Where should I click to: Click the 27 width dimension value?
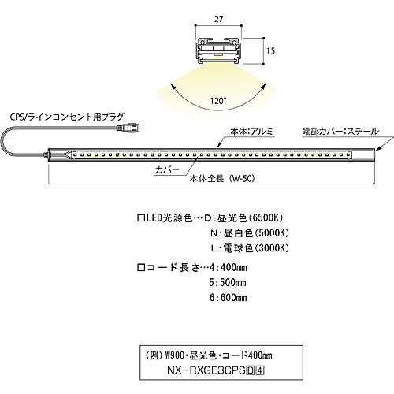coord(218,19)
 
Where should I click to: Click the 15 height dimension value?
coord(270,50)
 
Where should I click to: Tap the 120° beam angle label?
coord(218,101)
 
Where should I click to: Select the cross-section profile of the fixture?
coord(218,51)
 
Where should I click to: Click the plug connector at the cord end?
coord(128,128)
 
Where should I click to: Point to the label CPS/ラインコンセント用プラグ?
coord(67,117)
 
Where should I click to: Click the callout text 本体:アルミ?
coord(251,131)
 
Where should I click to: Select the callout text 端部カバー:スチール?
coord(340,131)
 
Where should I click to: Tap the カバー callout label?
coord(167,169)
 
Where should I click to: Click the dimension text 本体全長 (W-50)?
coord(222,179)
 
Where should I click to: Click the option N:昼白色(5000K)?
coord(250,233)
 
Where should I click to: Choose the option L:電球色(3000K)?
coord(250,248)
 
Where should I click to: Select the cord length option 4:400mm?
coord(229,267)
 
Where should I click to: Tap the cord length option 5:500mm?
coord(228,283)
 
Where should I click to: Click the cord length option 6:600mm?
coord(229,298)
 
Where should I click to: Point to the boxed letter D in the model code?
coord(251,370)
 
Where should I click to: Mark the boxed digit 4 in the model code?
coord(260,370)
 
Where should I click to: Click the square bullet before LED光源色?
coord(141,218)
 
